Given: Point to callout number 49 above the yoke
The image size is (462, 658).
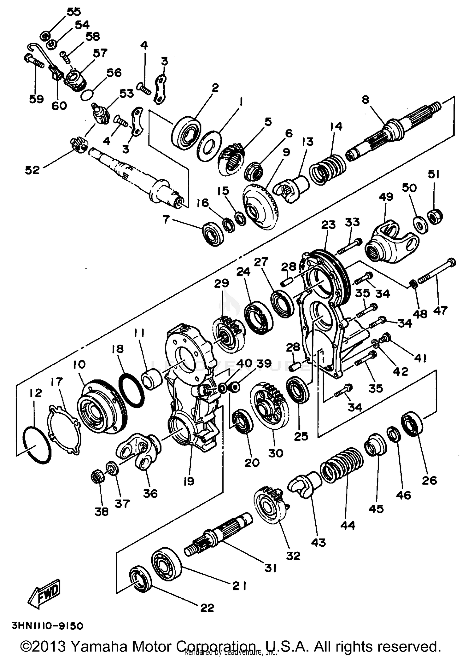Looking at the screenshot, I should coord(386,196).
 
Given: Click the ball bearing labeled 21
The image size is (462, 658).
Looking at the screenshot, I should coord(166,564).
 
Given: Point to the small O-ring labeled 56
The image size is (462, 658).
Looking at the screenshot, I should coord(87,94).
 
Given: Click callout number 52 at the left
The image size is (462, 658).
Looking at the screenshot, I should coord(32,170).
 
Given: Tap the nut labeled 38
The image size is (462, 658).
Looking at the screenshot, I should coord(98,477).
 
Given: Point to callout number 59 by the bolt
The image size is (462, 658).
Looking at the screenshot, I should coord(36,99).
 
